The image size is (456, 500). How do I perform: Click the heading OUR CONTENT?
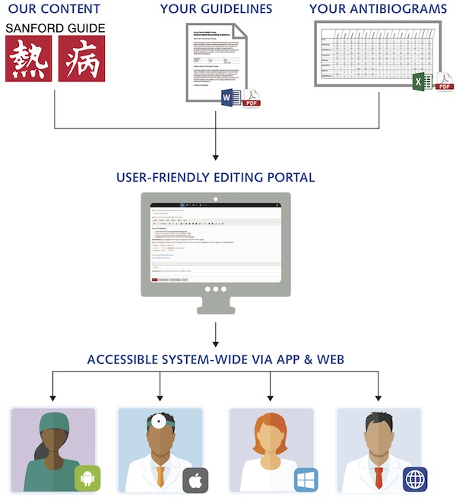tap(53, 9)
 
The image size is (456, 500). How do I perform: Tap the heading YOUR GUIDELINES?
tap(216, 9)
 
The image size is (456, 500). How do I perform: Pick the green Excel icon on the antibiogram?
tap(421, 81)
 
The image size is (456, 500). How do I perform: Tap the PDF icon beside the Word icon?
tap(252, 97)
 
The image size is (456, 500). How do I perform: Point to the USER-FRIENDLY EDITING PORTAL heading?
tap(216, 178)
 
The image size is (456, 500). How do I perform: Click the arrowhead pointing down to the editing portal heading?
tap(216, 158)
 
